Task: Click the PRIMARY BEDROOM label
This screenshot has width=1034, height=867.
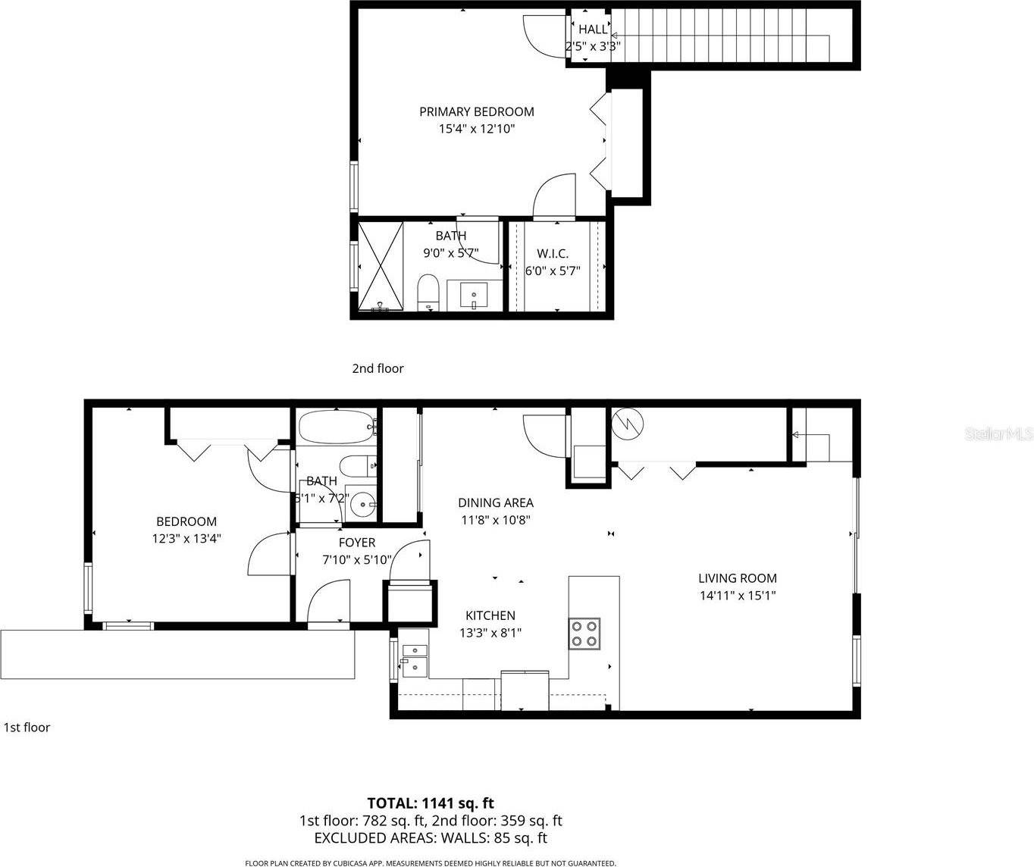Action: (476, 111)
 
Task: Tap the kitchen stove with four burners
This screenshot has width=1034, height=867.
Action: (584, 634)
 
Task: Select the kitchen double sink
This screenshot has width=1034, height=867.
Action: (414, 659)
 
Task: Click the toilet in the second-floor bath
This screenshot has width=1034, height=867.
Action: (428, 293)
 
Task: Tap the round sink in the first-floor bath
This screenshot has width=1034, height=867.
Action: (365, 503)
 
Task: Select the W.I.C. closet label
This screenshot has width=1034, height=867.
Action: (552, 254)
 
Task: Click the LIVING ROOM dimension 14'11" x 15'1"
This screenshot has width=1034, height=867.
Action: (737, 596)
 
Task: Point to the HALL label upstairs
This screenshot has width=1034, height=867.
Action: (593, 29)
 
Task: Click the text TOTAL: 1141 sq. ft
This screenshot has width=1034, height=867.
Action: (431, 803)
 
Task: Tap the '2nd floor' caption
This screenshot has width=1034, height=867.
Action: (378, 368)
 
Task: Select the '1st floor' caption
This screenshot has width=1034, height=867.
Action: (27, 728)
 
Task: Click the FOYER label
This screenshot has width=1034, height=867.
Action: (356, 543)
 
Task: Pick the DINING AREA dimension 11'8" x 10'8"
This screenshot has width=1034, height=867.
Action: (495, 520)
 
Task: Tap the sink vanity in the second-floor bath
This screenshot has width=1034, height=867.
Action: (475, 295)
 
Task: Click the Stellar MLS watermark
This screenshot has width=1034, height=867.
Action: (998, 434)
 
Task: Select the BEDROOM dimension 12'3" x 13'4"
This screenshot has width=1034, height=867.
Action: (186, 539)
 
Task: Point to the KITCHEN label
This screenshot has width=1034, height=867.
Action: (490, 615)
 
